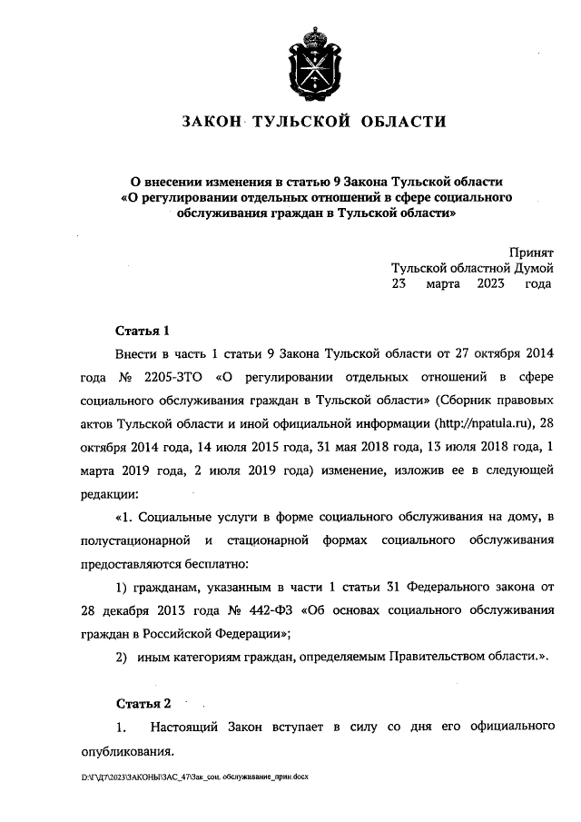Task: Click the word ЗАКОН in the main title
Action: click(x=212, y=121)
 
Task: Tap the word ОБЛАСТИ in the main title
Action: click(x=407, y=121)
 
